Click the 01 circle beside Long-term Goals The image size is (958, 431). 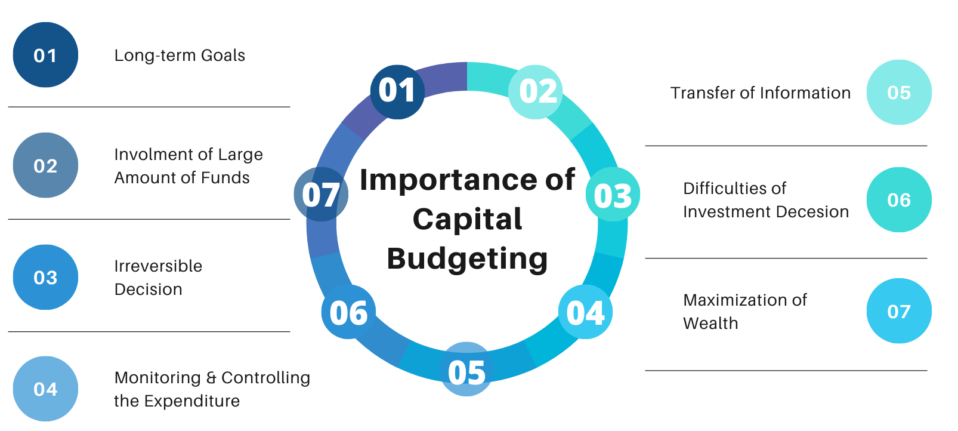[x=45, y=55]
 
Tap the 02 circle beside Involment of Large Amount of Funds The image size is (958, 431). [x=45, y=165]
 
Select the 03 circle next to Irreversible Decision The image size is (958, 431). [x=45, y=278]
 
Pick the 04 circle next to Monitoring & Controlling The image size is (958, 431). [x=45, y=389]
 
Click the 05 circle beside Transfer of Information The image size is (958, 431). [x=899, y=93]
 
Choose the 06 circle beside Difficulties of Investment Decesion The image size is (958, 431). [x=899, y=200]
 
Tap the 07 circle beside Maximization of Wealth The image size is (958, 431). [x=899, y=311]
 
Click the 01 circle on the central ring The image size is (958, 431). [x=397, y=92]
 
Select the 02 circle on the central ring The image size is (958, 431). [x=536, y=92]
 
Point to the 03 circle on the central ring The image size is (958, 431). [x=613, y=195]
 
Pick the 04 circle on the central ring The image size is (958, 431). [x=586, y=312]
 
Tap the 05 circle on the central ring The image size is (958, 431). [x=466, y=369]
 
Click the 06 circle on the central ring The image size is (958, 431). [x=348, y=312]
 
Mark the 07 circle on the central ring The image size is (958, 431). [x=321, y=195]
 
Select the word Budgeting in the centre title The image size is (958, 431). [x=467, y=259]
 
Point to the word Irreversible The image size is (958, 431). [x=158, y=266]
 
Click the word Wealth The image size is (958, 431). [x=711, y=324]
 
